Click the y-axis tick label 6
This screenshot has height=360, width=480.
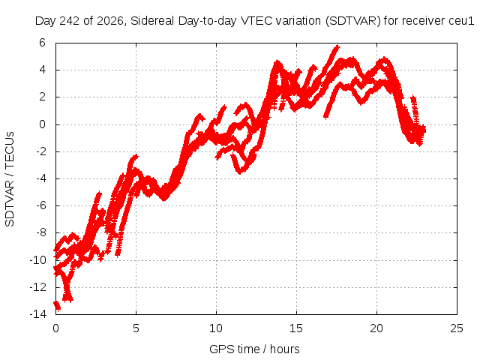(42, 43)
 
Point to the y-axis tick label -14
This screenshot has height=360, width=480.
(38, 314)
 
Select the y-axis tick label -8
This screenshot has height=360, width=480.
(41, 232)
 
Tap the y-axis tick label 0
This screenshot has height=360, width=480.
(42, 124)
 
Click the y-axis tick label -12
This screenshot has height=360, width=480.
(38, 286)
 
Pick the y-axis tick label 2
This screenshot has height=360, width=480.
(42, 97)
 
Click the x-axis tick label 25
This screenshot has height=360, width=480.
(457, 328)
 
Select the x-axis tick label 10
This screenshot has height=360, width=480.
(216, 328)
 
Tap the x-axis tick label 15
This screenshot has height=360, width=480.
(296, 328)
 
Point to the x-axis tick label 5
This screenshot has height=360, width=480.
(136, 328)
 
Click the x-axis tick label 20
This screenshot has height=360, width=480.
(376, 328)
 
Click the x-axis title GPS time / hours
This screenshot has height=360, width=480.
(254, 349)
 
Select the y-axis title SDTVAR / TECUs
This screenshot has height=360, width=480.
(10, 179)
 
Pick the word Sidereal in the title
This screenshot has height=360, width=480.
(152, 21)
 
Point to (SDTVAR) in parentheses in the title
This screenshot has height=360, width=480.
(352, 21)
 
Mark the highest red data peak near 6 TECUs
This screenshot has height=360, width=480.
(337, 46)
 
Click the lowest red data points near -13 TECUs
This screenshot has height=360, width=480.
(57, 305)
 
